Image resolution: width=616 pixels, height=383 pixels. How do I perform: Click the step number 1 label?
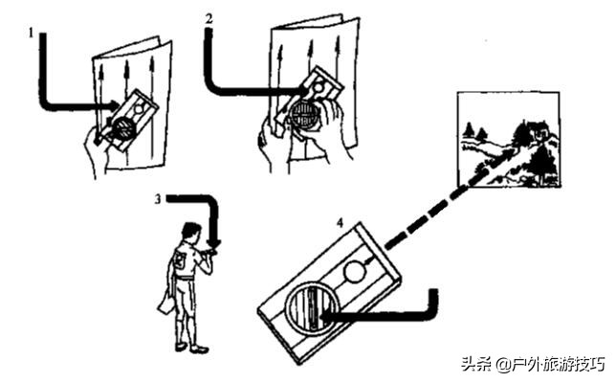coord(31,31)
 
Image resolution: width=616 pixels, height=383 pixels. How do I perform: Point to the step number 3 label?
coord(156,199)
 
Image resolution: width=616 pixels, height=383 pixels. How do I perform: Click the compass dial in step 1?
coord(124,125)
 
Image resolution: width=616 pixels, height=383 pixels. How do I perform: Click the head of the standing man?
coord(190,233)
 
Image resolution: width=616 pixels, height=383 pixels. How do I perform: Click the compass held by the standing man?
coord(211,253)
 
